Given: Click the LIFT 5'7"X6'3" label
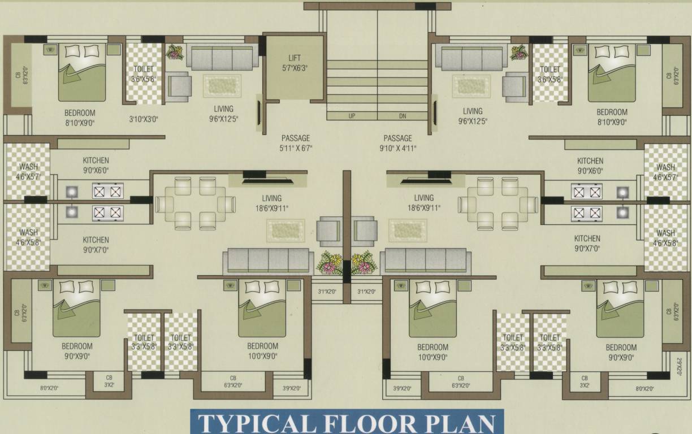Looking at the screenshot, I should click(x=294, y=62).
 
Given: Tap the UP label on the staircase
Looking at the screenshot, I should click(x=352, y=116).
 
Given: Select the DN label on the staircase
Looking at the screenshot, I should click(x=402, y=116).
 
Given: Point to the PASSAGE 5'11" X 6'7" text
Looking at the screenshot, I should click(x=296, y=143).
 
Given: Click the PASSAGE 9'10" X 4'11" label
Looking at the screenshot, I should click(x=397, y=143).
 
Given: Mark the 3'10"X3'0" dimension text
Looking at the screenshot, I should click(x=144, y=120).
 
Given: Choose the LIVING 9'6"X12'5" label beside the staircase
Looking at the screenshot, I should click(x=473, y=116).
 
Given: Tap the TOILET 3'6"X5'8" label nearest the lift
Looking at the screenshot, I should click(x=144, y=74).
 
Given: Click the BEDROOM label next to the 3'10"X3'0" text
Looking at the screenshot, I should click(x=80, y=117).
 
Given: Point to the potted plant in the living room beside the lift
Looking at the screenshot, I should click(x=175, y=52).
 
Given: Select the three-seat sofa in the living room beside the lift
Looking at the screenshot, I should click(x=222, y=58).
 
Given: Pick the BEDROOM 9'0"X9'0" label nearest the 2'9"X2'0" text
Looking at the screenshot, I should click(x=621, y=352).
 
